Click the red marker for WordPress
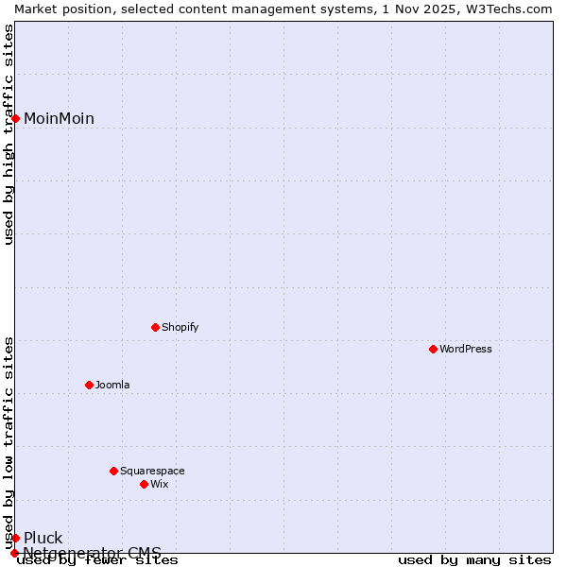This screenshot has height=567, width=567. [x=433, y=349]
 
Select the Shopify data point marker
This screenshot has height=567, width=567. [x=155, y=327]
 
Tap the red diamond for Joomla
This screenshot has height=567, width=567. [x=89, y=385]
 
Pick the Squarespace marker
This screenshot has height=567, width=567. [x=113, y=471]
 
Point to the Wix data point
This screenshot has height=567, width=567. [x=144, y=484]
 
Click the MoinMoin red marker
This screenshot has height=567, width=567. [x=15, y=118]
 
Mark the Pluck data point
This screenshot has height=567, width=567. [x=15, y=538]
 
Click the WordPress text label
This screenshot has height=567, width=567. [x=466, y=349]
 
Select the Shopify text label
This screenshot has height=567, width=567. [x=180, y=327]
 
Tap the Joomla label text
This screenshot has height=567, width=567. [x=112, y=385]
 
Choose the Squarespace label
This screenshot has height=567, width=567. [x=152, y=471]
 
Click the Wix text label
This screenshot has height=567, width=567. [x=159, y=484]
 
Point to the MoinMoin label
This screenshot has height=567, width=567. [x=59, y=118]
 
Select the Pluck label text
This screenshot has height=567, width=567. [x=43, y=538]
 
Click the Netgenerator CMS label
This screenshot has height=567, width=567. [x=92, y=552]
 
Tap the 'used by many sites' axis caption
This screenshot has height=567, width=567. [x=474, y=559]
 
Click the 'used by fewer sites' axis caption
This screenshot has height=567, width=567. [x=97, y=559]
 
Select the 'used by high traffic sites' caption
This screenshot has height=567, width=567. [x=9, y=134]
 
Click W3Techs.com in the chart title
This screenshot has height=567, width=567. [x=510, y=9]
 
